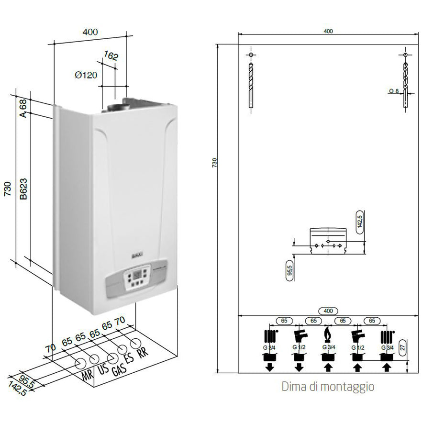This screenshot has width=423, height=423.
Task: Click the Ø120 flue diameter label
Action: click(x=86, y=75)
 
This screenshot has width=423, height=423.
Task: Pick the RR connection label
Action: click(x=142, y=353)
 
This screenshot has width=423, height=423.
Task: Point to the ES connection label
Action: click(x=128, y=358)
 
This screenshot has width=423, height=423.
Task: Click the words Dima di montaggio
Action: click(x=328, y=386)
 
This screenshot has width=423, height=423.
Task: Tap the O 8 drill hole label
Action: click(x=393, y=90)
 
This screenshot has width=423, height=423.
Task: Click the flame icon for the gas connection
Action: click(x=328, y=333)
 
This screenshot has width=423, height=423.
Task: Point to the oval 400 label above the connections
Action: click(x=328, y=311)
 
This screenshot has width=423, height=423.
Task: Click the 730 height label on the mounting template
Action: click(x=215, y=163)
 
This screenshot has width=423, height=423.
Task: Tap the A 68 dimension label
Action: click(x=23, y=108)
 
